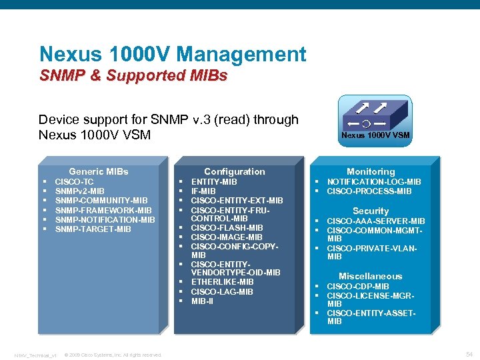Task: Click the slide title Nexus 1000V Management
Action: [x=173, y=54]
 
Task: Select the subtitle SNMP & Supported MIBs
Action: [x=133, y=75]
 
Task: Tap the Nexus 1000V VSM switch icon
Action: [x=375, y=117]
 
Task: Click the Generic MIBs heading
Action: [x=99, y=171]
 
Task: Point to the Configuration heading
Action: [x=234, y=171]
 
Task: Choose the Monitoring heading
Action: [x=371, y=171]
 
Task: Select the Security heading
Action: [x=371, y=211]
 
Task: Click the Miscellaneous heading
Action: [x=370, y=276]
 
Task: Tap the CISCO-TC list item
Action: [x=74, y=181]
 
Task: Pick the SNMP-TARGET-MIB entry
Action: [x=93, y=229]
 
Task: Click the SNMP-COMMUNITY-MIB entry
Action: [x=101, y=201]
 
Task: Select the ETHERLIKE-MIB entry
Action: [x=222, y=282]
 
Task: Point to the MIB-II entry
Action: [x=203, y=301]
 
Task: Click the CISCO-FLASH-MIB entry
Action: [x=227, y=228]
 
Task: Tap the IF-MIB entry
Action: [x=204, y=191]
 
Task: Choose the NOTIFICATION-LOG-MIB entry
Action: [x=373, y=181]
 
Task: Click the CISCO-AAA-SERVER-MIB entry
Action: [x=375, y=221]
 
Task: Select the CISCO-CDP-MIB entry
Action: [x=357, y=287]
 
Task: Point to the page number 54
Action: [x=468, y=354]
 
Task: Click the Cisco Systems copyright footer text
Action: [x=113, y=355]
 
